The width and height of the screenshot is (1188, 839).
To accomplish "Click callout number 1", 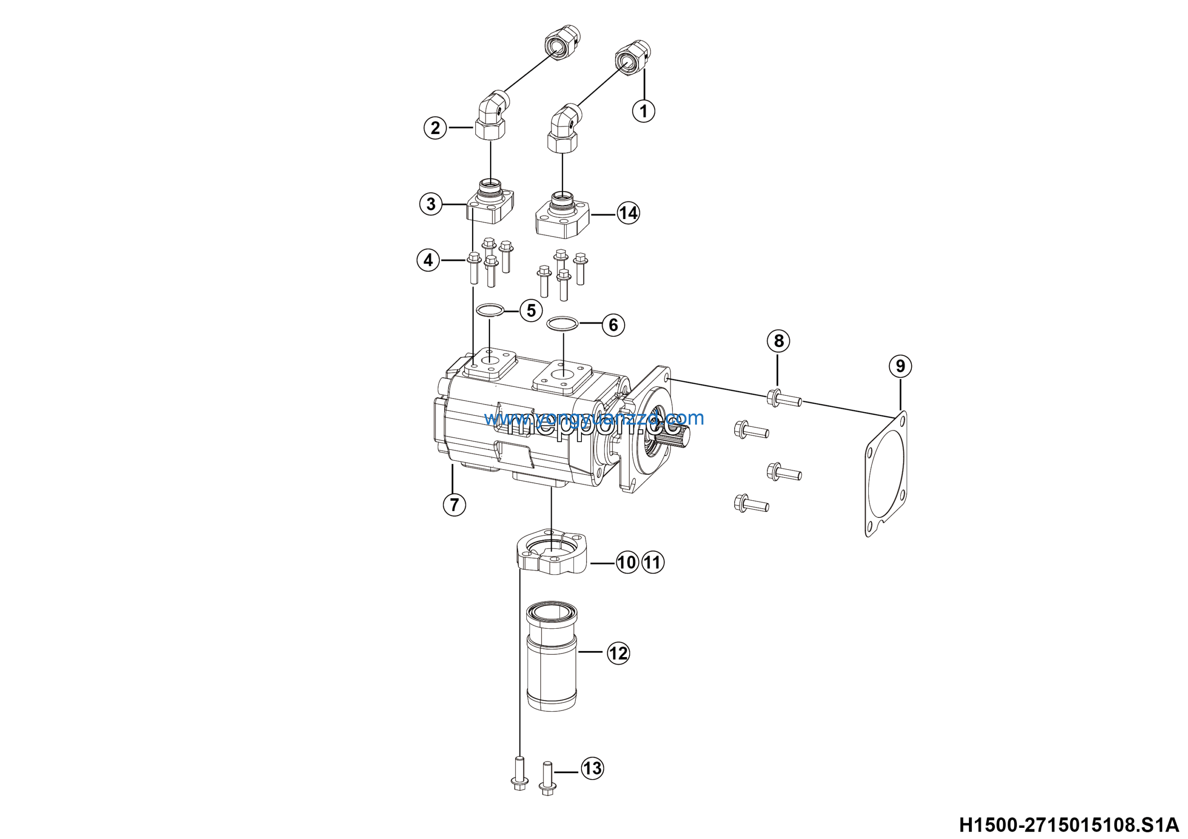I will tap(644, 111).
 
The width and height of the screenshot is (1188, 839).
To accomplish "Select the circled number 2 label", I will tap(435, 127).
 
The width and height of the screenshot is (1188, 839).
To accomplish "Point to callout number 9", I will tap(900, 366).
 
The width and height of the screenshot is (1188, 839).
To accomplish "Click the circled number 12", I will tap(618, 653).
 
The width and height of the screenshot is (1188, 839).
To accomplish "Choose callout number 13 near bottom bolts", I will tap(593, 768).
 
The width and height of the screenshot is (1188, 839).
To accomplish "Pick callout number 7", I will tap(454, 504).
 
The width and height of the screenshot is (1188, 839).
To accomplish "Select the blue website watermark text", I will tap(594, 418).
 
